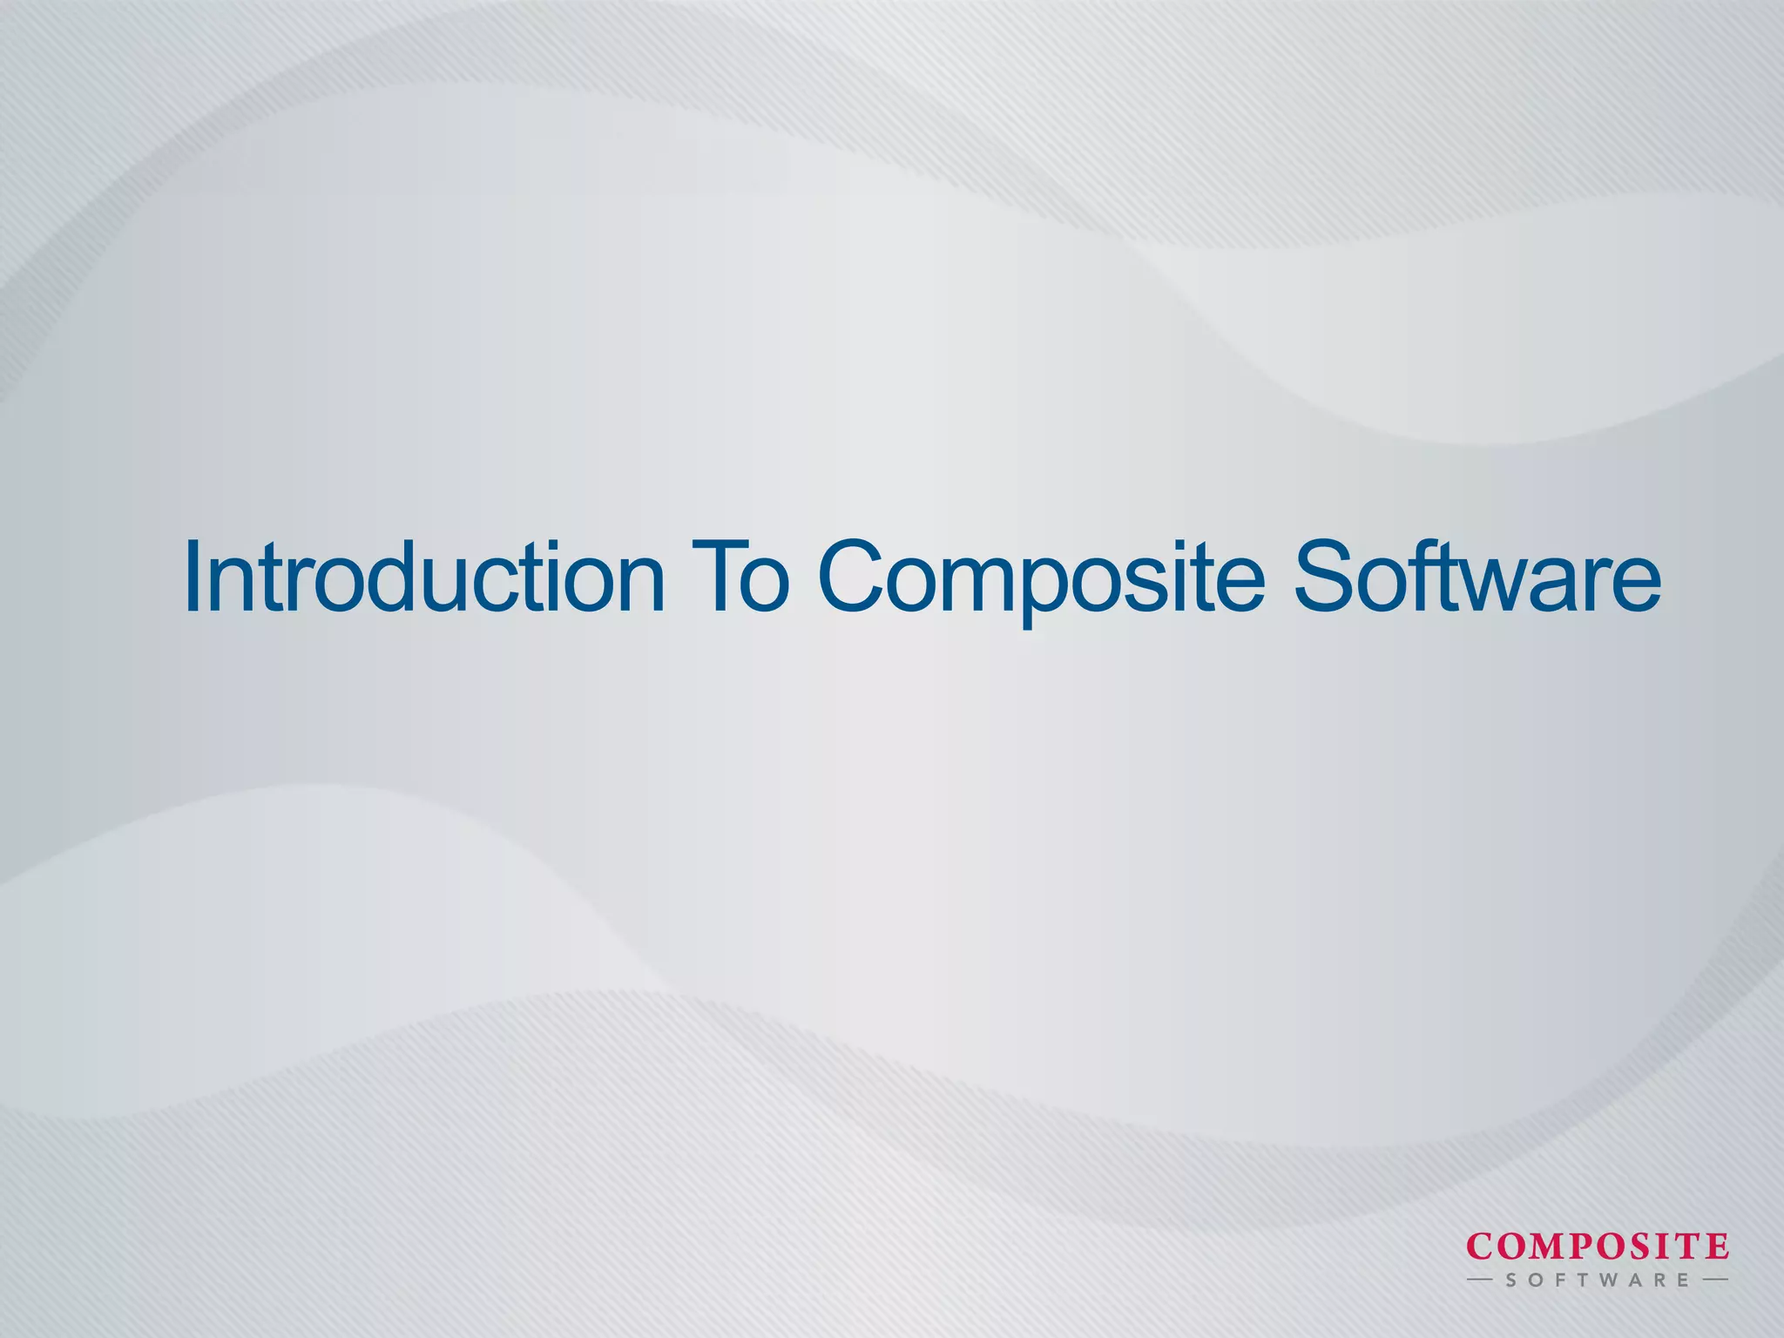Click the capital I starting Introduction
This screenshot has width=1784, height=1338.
[194, 577]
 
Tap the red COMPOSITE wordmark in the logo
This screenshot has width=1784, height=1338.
[1598, 1247]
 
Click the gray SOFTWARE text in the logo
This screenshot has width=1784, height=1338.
[1598, 1281]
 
